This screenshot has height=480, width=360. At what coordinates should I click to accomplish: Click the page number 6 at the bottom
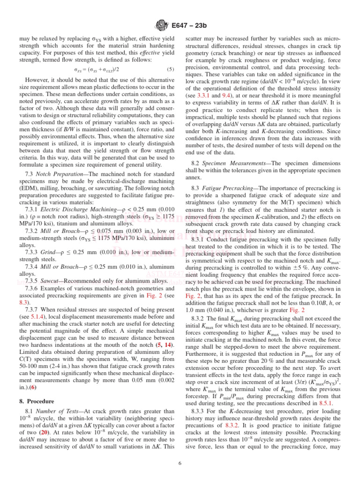click(180, 464)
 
